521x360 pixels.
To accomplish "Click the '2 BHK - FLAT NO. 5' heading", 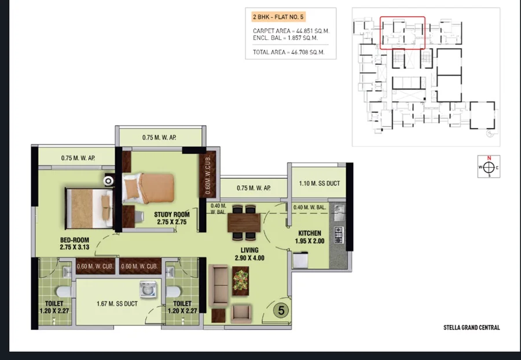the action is pyautogui.click(x=278, y=17).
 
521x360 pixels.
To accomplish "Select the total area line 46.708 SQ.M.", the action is pyautogui.click(x=288, y=52).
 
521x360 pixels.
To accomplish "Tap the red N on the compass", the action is pyautogui.click(x=489, y=158).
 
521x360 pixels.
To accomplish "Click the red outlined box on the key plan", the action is pyautogui.click(x=402, y=33).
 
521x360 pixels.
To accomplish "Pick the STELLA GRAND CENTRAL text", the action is pyautogui.click(x=471, y=328).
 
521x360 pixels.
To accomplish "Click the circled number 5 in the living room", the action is pyautogui.click(x=281, y=311).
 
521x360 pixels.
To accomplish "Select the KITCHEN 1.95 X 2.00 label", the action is pyautogui.click(x=310, y=237).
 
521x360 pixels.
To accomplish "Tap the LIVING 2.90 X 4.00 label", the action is pyautogui.click(x=250, y=254).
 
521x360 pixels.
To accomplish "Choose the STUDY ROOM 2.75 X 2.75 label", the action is pyautogui.click(x=172, y=218).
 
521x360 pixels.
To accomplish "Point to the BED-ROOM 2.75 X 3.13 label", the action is pyautogui.click(x=75, y=244).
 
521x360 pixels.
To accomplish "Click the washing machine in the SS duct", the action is pyautogui.click(x=146, y=289).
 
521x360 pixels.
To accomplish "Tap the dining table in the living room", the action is pyautogui.click(x=244, y=222).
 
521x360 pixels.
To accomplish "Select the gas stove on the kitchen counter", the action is pyautogui.click(x=338, y=235).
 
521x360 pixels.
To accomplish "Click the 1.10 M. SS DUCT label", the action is pyautogui.click(x=320, y=183).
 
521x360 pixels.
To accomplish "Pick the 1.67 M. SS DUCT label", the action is pyautogui.click(x=117, y=303).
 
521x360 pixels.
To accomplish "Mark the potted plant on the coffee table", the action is pyautogui.click(x=241, y=280).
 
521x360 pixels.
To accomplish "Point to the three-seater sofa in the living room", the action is pyautogui.click(x=218, y=285).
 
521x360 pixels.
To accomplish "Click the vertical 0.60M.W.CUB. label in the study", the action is pyautogui.click(x=208, y=174).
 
